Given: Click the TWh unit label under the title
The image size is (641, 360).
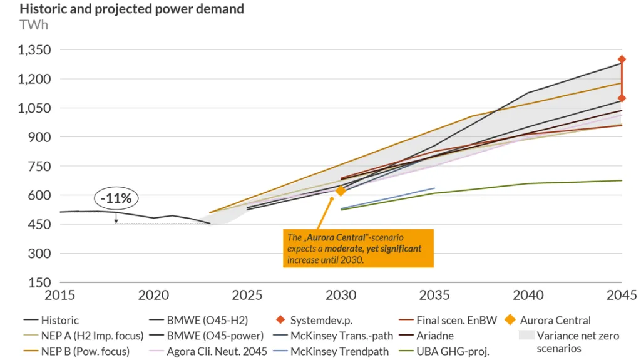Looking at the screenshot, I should [x=34, y=25].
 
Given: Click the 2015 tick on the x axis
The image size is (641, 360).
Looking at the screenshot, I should [x=59, y=295].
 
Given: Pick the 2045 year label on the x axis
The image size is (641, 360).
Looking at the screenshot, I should [x=622, y=295].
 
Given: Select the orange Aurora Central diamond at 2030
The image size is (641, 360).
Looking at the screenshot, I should [x=341, y=191].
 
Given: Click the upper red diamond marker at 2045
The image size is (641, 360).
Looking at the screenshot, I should [x=622, y=59].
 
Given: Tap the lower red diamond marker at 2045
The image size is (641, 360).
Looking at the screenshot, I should [x=622, y=98].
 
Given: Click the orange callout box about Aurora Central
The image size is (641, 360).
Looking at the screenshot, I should [x=359, y=248].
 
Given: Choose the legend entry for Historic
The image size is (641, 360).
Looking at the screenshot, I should [x=60, y=321].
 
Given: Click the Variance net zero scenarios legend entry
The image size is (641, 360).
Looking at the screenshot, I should [x=578, y=342].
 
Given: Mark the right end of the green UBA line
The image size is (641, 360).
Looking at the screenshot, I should [x=622, y=180].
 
